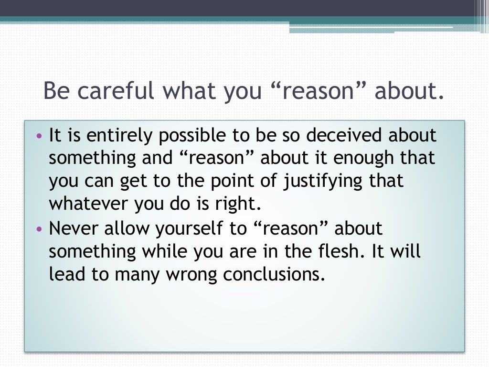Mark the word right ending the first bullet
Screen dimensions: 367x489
click(x=242, y=204)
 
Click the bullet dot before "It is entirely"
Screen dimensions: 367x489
click(x=39, y=136)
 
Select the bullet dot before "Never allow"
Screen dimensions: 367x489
click(x=39, y=229)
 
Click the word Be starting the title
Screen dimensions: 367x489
click(x=56, y=90)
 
